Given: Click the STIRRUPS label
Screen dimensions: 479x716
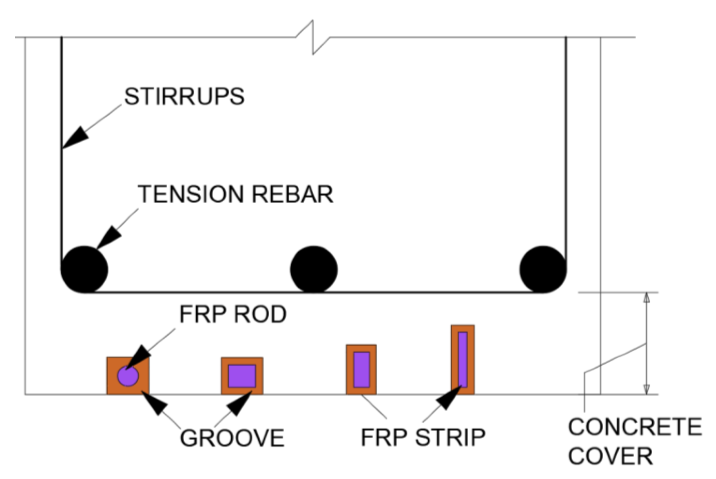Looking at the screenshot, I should click(184, 97).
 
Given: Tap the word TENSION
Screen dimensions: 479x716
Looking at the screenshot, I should click(191, 194).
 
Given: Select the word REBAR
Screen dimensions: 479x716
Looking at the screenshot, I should click(293, 194).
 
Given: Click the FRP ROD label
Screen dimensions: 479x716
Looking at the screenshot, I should click(233, 314).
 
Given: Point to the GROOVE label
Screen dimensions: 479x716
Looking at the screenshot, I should click(232, 438).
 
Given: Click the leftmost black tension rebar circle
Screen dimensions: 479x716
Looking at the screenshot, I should click(84, 270).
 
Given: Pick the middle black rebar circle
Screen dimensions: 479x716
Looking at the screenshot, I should click(314, 270).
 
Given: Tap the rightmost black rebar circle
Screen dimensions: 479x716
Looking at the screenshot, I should click(543, 270).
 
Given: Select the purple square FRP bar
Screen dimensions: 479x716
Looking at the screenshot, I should click(242, 376).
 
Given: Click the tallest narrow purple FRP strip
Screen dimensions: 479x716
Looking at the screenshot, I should click(463, 360).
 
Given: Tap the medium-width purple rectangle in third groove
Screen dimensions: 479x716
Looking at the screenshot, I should click(361, 370).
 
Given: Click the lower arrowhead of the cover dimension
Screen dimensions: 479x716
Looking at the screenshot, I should click(647, 389).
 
